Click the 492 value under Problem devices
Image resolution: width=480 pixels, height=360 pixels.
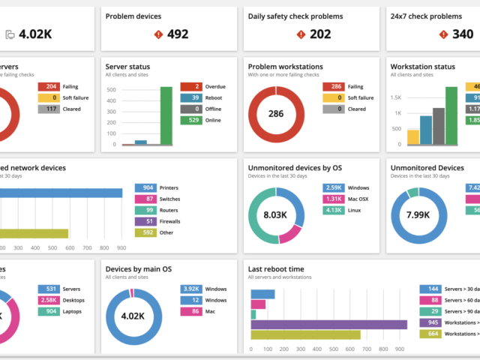pos(178,34)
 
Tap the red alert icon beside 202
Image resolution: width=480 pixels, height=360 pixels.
pos(301,34)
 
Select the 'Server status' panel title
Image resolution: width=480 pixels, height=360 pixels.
pos(128,67)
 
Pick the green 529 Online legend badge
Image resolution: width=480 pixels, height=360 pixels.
pos(192,120)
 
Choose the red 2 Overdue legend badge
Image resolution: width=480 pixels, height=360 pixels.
pos(192,86)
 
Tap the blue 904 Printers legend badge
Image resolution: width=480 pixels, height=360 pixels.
pos(147,187)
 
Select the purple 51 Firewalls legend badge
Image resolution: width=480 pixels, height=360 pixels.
pos(147,221)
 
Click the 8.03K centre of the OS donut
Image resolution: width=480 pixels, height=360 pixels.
pos(274,215)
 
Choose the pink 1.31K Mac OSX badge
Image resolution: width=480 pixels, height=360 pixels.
pos(334,199)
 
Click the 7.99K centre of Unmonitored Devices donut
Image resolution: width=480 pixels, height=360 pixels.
pos(417,215)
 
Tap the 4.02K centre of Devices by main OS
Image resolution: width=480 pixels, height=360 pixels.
pos(132,316)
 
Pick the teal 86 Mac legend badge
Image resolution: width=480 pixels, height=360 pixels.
pos(192,310)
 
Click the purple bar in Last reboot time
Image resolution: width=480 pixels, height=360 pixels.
pos(328,325)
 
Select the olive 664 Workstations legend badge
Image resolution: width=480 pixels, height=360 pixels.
pos(433,333)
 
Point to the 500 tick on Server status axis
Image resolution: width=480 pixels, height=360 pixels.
pos(111,90)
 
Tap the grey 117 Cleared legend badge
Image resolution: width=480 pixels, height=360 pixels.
pos(49,109)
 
